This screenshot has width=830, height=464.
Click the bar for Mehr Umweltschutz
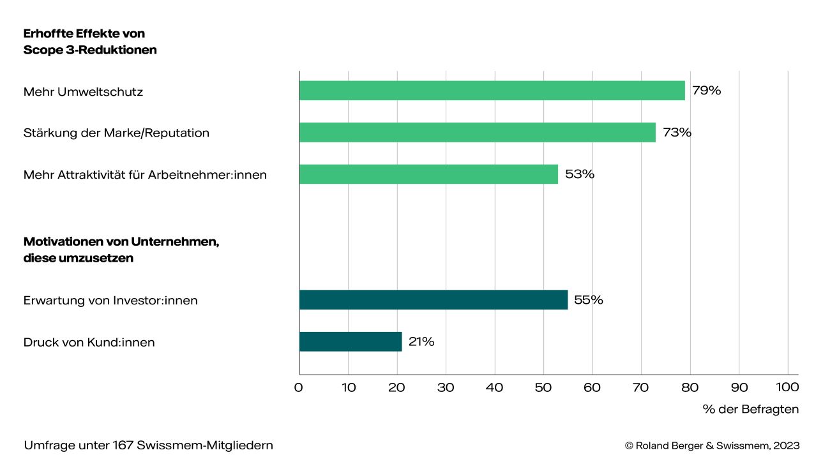492,91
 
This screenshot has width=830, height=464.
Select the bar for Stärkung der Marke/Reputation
478,133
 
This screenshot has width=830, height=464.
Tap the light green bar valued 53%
428,174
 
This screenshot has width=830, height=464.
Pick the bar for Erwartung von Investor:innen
434,300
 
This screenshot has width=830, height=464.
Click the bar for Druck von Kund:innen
351,341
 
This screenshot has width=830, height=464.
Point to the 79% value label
707,91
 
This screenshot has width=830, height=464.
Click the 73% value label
677,133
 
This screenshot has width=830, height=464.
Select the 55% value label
589,300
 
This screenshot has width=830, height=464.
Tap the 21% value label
421,341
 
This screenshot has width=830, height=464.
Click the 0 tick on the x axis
299,387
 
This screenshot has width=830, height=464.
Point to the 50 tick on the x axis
543,387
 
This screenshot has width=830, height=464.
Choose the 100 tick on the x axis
787,387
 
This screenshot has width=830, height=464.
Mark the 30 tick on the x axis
446,387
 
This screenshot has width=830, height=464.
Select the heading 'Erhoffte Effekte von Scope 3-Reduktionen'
90,41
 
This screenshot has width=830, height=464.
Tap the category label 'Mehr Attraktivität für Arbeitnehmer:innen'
145,174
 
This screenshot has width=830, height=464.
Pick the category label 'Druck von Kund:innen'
89,342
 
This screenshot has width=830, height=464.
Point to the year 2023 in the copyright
787,445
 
